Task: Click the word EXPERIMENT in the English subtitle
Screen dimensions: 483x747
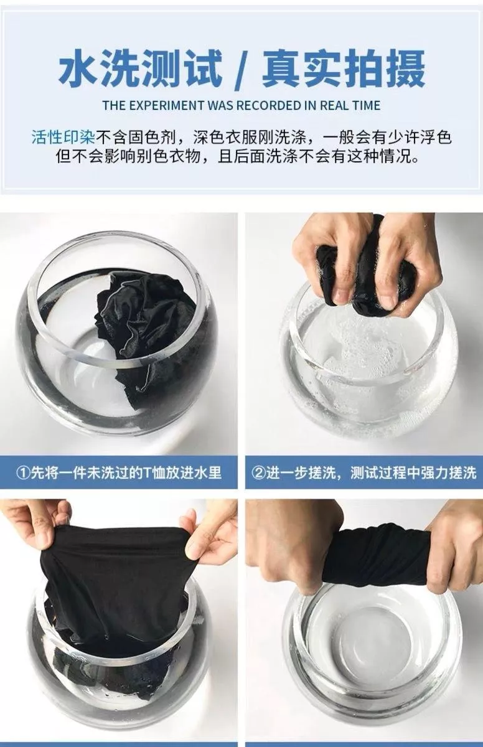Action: click(x=166, y=105)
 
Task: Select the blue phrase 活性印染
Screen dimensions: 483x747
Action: click(x=63, y=138)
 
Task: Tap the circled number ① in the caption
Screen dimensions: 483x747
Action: click(x=23, y=473)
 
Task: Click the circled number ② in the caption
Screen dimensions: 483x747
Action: click(x=258, y=473)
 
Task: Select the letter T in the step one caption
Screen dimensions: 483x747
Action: click(x=147, y=473)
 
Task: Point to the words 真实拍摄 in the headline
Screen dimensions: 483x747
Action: click(x=344, y=68)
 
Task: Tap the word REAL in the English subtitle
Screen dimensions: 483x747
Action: click(x=332, y=105)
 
